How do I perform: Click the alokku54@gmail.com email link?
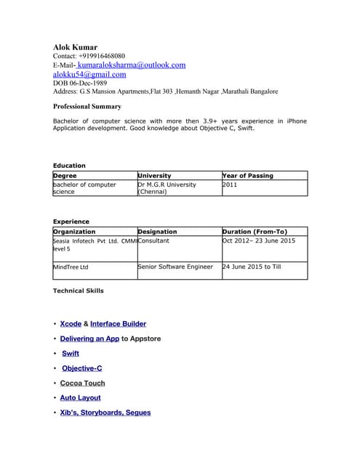pyautogui.click(x=89, y=74)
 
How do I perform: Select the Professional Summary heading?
pyautogui.click(x=87, y=106)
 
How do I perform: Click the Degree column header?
pyautogui.click(x=65, y=175)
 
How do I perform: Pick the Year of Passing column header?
pyautogui.click(x=248, y=175)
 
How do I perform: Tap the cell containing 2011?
pyautogui.click(x=231, y=185)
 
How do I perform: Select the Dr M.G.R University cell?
pyautogui.click(x=167, y=188)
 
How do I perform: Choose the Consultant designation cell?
pyautogui.click(x=153, y=240)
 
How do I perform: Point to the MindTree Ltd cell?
pyautogui.click(x=71, y=267)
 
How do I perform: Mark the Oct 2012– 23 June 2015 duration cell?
pyautogui.click(x=259, y=240)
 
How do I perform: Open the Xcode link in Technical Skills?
pyautogui.click(x=71, y=324)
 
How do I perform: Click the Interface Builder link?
pyautogui.click(x=118, y=324)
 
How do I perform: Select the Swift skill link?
pyautogui.click(x=71, y=353)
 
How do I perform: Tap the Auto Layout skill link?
pyautogui.click(x=80, y=397)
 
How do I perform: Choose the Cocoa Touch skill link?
pyautogui.click(x=82, y=383)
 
